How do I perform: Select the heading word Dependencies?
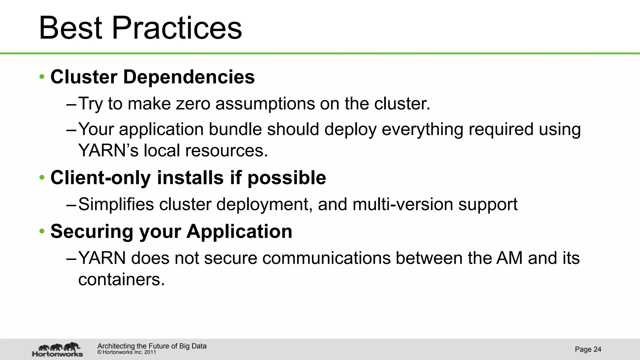click(x=189, y=77)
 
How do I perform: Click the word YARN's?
click(x=108, y=151)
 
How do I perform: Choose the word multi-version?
click(x=403, y=204)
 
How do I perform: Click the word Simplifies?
click(x=116, y=204)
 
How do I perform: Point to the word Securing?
click(x=92, y=232)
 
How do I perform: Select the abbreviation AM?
click(x=509, y=258)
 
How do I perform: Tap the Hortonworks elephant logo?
click(x=58, y=349)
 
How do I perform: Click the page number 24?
click(x=597, y=349)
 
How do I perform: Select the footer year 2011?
click(x=150, y=352)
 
